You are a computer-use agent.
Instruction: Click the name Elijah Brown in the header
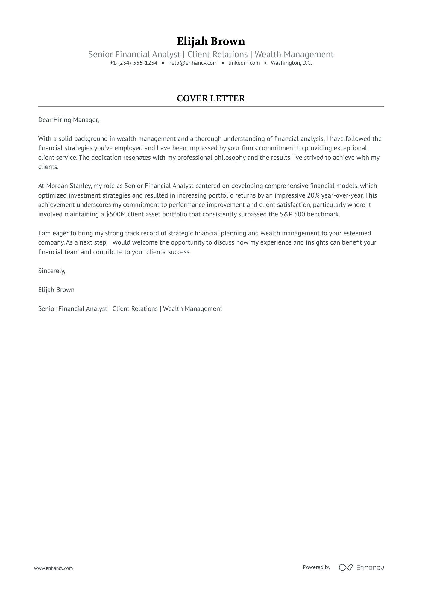(x=211, y=41)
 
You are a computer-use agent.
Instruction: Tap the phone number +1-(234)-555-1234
(x=133, y=63)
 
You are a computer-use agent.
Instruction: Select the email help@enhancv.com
(x=193, y=63)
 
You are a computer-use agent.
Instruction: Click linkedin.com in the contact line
(x=244, y=63)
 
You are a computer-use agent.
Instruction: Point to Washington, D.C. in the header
(x=291, y=63)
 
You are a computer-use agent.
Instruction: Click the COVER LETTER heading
(x=211, y=98)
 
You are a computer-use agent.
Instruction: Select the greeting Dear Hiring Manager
(x=68, y=120)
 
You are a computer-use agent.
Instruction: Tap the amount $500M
(x=116, y=214)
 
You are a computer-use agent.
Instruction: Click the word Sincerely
(x=51, y=271)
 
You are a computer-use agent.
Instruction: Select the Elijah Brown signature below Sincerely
(x=56, y=290)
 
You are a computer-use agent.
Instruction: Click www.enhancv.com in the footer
(x=54, y=568)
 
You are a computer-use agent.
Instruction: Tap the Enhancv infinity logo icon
(x=345, y=567)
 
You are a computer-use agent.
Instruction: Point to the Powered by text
(x=317, y=567)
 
